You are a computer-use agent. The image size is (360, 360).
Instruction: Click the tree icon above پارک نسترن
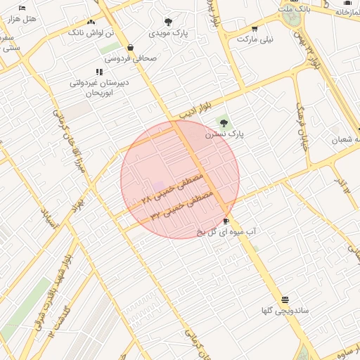pos(224,123)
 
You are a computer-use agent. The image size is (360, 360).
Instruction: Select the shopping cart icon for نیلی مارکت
pos(255,29)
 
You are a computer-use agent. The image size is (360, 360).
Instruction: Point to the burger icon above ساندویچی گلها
pos(285,299)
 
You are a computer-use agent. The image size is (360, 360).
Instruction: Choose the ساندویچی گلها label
pos(285,310)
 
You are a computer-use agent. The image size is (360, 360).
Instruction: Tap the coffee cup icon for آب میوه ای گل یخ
pos(225,220)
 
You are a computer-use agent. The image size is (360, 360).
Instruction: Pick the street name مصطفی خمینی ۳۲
pos(179,200)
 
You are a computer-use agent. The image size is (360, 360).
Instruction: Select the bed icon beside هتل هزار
pos(22,8)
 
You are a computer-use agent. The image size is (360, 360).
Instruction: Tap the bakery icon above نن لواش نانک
pos(91,22)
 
